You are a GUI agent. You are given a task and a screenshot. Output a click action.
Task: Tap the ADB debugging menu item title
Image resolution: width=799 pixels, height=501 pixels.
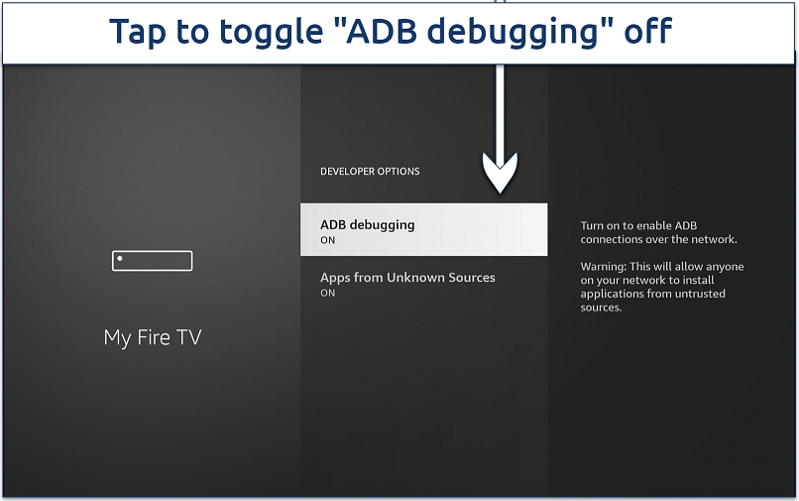[367, 224]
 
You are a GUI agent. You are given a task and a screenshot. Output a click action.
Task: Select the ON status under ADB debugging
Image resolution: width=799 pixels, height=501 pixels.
[327, 240]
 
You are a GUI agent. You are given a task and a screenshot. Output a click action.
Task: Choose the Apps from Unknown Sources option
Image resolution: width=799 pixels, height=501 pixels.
[407, 278]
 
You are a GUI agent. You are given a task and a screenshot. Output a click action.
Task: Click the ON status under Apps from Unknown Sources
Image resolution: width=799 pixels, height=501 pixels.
[327, 293]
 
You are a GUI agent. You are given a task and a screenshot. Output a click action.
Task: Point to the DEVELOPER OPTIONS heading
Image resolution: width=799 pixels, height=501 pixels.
[370, 172]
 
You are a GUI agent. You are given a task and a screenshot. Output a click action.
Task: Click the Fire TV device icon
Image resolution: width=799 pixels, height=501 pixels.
[152, 260]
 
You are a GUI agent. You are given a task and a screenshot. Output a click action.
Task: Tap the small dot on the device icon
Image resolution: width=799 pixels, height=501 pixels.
[120, 259]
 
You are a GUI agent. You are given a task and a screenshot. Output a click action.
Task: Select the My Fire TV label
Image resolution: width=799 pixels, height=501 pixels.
[152, 337]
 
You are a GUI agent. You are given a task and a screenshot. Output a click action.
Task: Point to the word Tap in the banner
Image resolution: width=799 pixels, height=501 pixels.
[139, 33]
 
